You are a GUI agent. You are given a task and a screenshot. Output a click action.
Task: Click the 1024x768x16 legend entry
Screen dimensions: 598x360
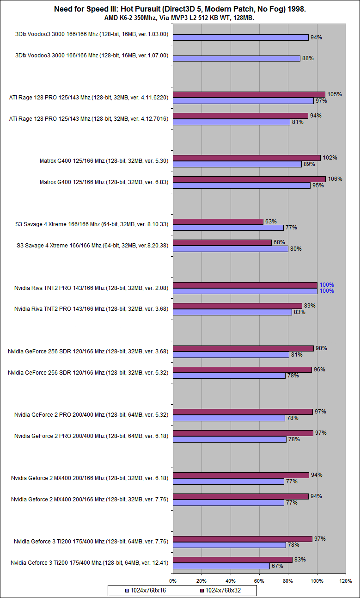tap(148, 591)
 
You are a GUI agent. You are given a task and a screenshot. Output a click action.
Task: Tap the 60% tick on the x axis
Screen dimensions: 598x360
tap(259, 580)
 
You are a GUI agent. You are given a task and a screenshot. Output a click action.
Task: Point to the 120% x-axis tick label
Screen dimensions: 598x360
tap(346, 580)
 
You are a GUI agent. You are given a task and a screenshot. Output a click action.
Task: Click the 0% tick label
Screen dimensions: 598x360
tap(173, 580)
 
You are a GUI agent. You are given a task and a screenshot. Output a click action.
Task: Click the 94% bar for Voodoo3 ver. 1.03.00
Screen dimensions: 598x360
tap(240, 37)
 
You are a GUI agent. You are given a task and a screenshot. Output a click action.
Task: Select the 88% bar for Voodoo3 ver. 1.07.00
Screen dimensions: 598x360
tap(236, 59)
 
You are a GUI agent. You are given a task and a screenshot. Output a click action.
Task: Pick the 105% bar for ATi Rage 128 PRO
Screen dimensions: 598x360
tap(249, 94)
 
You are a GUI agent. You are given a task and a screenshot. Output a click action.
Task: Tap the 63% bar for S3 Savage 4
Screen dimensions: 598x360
tap(218, 222)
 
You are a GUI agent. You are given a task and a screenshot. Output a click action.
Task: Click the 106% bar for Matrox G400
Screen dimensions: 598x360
tap(249, 179)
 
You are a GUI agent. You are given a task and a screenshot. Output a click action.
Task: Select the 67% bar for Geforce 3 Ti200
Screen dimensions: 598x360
tap(221, 566)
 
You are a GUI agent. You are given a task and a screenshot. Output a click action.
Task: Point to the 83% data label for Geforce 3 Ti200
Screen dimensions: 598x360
tap(300, 560)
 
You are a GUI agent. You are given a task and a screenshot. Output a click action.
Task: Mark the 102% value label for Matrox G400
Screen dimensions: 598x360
tap(330, 158)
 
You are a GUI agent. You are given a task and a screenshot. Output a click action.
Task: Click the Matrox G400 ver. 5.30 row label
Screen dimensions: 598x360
tap(104, 161)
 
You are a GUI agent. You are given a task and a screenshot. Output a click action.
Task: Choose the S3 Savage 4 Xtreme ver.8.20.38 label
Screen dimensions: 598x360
tap(92, 246)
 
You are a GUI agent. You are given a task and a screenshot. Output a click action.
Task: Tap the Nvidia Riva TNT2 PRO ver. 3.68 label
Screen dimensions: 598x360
tap(91, 309)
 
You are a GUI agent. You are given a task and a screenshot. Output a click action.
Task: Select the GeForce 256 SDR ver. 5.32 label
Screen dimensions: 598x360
tap(88, 372)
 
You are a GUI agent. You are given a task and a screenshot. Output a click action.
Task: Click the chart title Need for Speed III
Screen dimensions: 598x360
tap(180, 9)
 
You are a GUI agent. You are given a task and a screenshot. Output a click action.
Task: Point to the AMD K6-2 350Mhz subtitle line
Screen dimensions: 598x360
tap(180, 18)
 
